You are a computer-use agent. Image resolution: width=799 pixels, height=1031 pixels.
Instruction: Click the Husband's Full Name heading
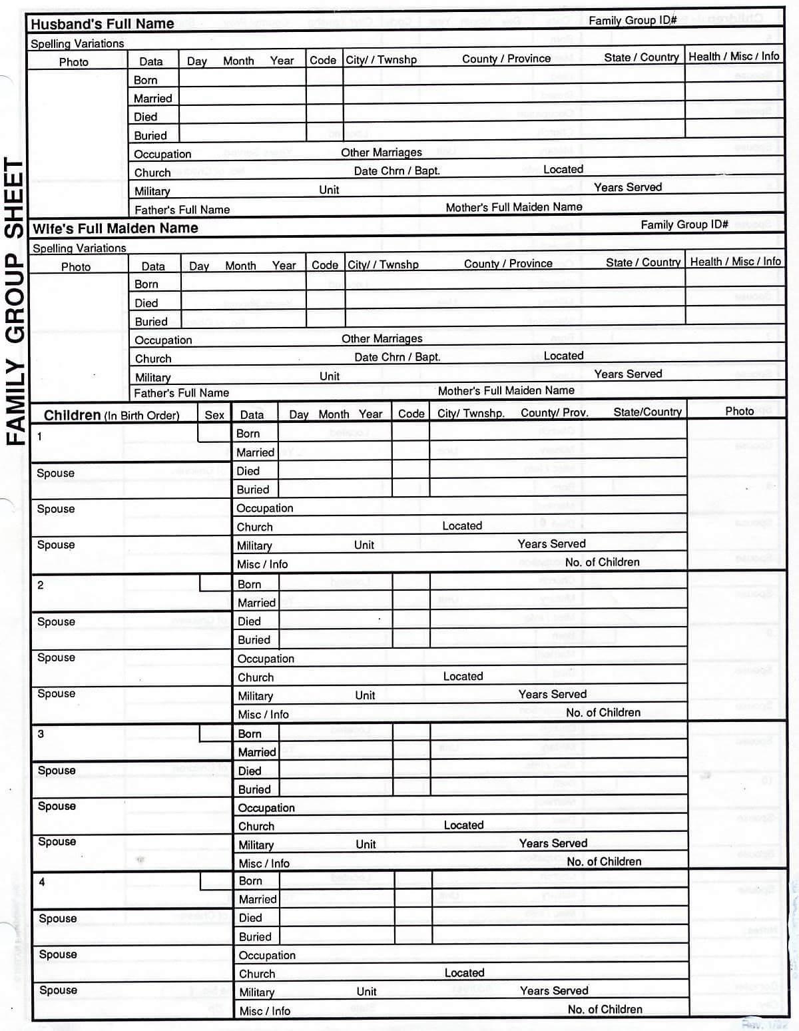click(x=102, y=24)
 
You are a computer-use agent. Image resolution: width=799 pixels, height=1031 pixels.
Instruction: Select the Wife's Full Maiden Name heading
click(x=115, y=228)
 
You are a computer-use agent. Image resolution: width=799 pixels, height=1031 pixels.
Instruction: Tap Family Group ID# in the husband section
click(x=632, y=21)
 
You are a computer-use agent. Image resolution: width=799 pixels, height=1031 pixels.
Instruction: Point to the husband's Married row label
click(x=152, y=99)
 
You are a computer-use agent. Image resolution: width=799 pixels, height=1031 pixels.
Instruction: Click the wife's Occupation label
click(x=163, y=340)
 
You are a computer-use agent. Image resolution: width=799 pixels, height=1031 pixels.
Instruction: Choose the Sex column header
click(x=214, y=415)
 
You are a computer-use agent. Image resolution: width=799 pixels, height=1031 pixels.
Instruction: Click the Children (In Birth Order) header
click(x=111, y=416)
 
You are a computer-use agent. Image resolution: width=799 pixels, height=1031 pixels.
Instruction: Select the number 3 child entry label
click(x=41, y=734)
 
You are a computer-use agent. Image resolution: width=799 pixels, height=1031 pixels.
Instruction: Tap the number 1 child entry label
click(x=40, y=437)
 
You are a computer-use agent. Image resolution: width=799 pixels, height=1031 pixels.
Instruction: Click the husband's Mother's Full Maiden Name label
click(x=513, y=207)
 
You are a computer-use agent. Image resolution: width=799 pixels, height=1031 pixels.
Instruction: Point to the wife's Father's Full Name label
click(x=181, y=393)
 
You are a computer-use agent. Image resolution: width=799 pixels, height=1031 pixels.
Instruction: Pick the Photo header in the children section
click(x=739, y=411)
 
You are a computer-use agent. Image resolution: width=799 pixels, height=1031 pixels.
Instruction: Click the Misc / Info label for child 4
click(x=264, y=1011)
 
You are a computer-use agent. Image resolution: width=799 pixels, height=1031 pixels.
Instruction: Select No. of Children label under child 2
click(x=603, y=713)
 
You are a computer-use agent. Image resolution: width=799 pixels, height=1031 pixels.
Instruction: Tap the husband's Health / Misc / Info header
click(x=734, y=57)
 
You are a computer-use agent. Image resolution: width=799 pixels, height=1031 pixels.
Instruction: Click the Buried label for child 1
click(x=253, y=490)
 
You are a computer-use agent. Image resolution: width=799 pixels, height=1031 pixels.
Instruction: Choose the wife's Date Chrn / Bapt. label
click(x=397, y=357)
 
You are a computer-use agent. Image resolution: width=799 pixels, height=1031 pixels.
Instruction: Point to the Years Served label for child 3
click(x=553, y=843)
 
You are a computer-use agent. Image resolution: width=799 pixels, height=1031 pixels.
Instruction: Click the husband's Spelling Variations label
click(x=77, y=44)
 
